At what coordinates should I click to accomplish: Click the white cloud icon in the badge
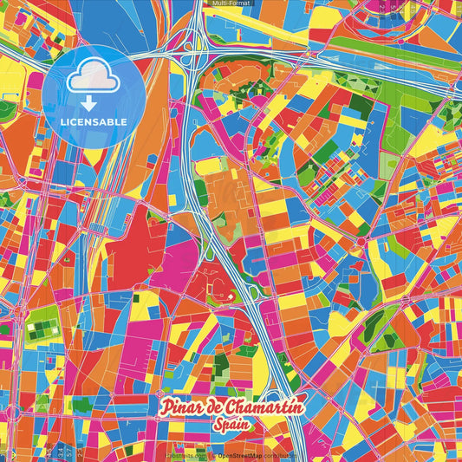[94, 76]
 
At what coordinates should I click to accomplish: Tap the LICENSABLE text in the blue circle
[94, 120]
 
